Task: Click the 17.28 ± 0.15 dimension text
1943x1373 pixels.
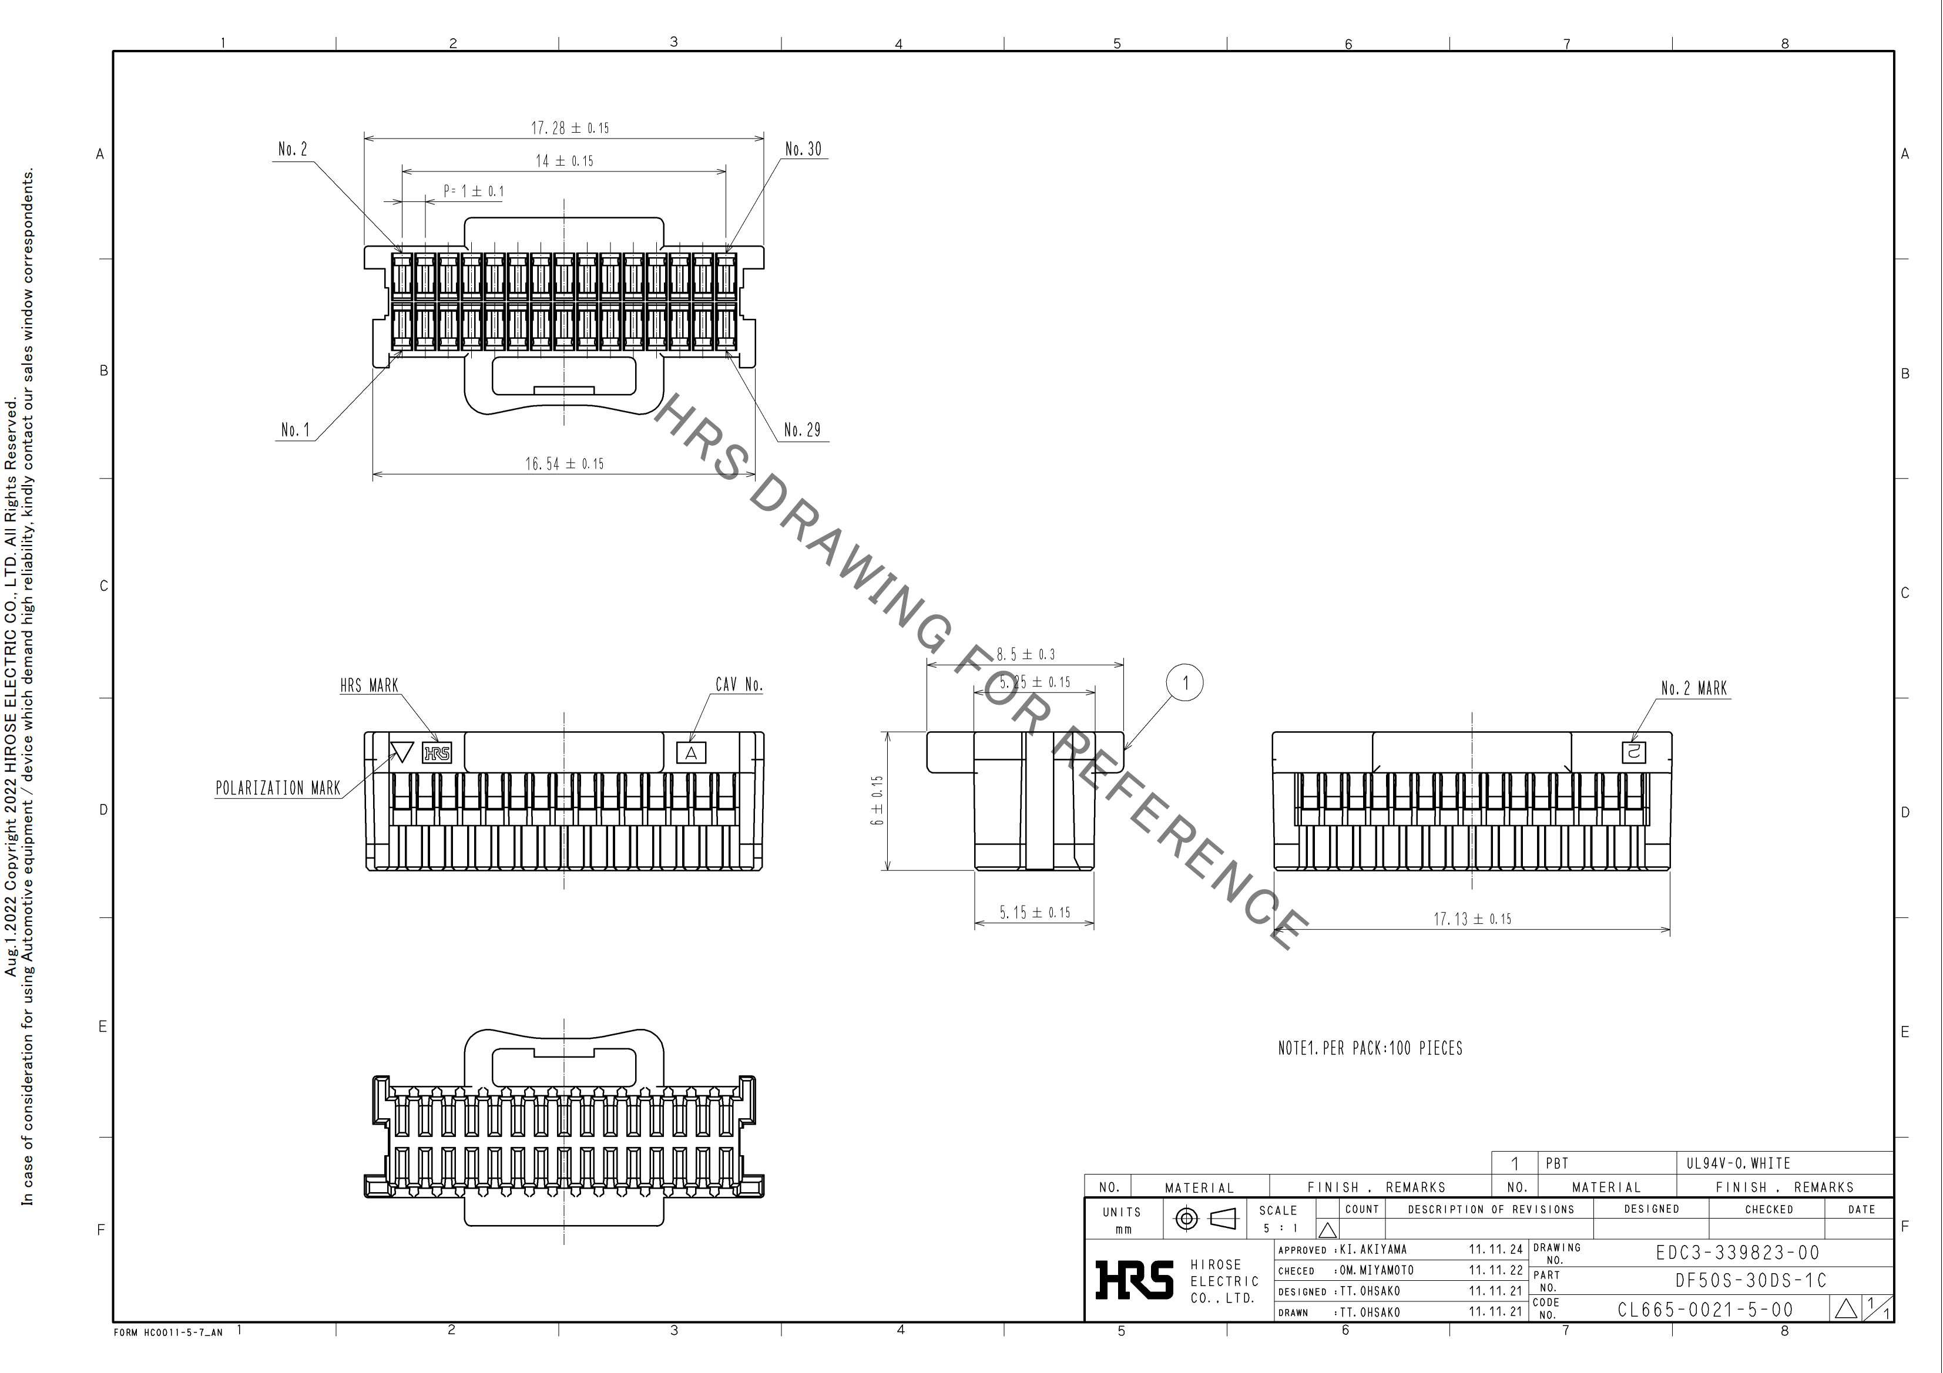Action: point(569,128)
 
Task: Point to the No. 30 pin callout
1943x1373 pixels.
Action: point(803,149)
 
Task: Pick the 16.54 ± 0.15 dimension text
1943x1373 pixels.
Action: point(565,463)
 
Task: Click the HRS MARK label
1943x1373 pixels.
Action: point(369,685)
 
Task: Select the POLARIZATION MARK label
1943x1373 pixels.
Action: point(277,789)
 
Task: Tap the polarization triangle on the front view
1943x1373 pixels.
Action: point(402,751)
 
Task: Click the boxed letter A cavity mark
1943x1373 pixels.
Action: point(692,753)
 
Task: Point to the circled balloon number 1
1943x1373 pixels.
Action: point(1184,683)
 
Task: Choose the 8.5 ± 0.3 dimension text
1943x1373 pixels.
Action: point(1026,654)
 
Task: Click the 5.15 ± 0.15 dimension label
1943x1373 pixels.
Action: point(1034,912)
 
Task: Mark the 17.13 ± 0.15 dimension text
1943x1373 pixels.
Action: point(1472,918)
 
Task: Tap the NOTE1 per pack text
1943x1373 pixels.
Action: point(1370,1048)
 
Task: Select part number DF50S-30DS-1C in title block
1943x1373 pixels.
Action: point(1751,1281)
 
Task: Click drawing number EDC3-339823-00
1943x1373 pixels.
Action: point(1737,1253)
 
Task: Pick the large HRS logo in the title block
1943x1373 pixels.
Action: point(1134,1280)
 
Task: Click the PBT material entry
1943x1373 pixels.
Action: point(1557,1163)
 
